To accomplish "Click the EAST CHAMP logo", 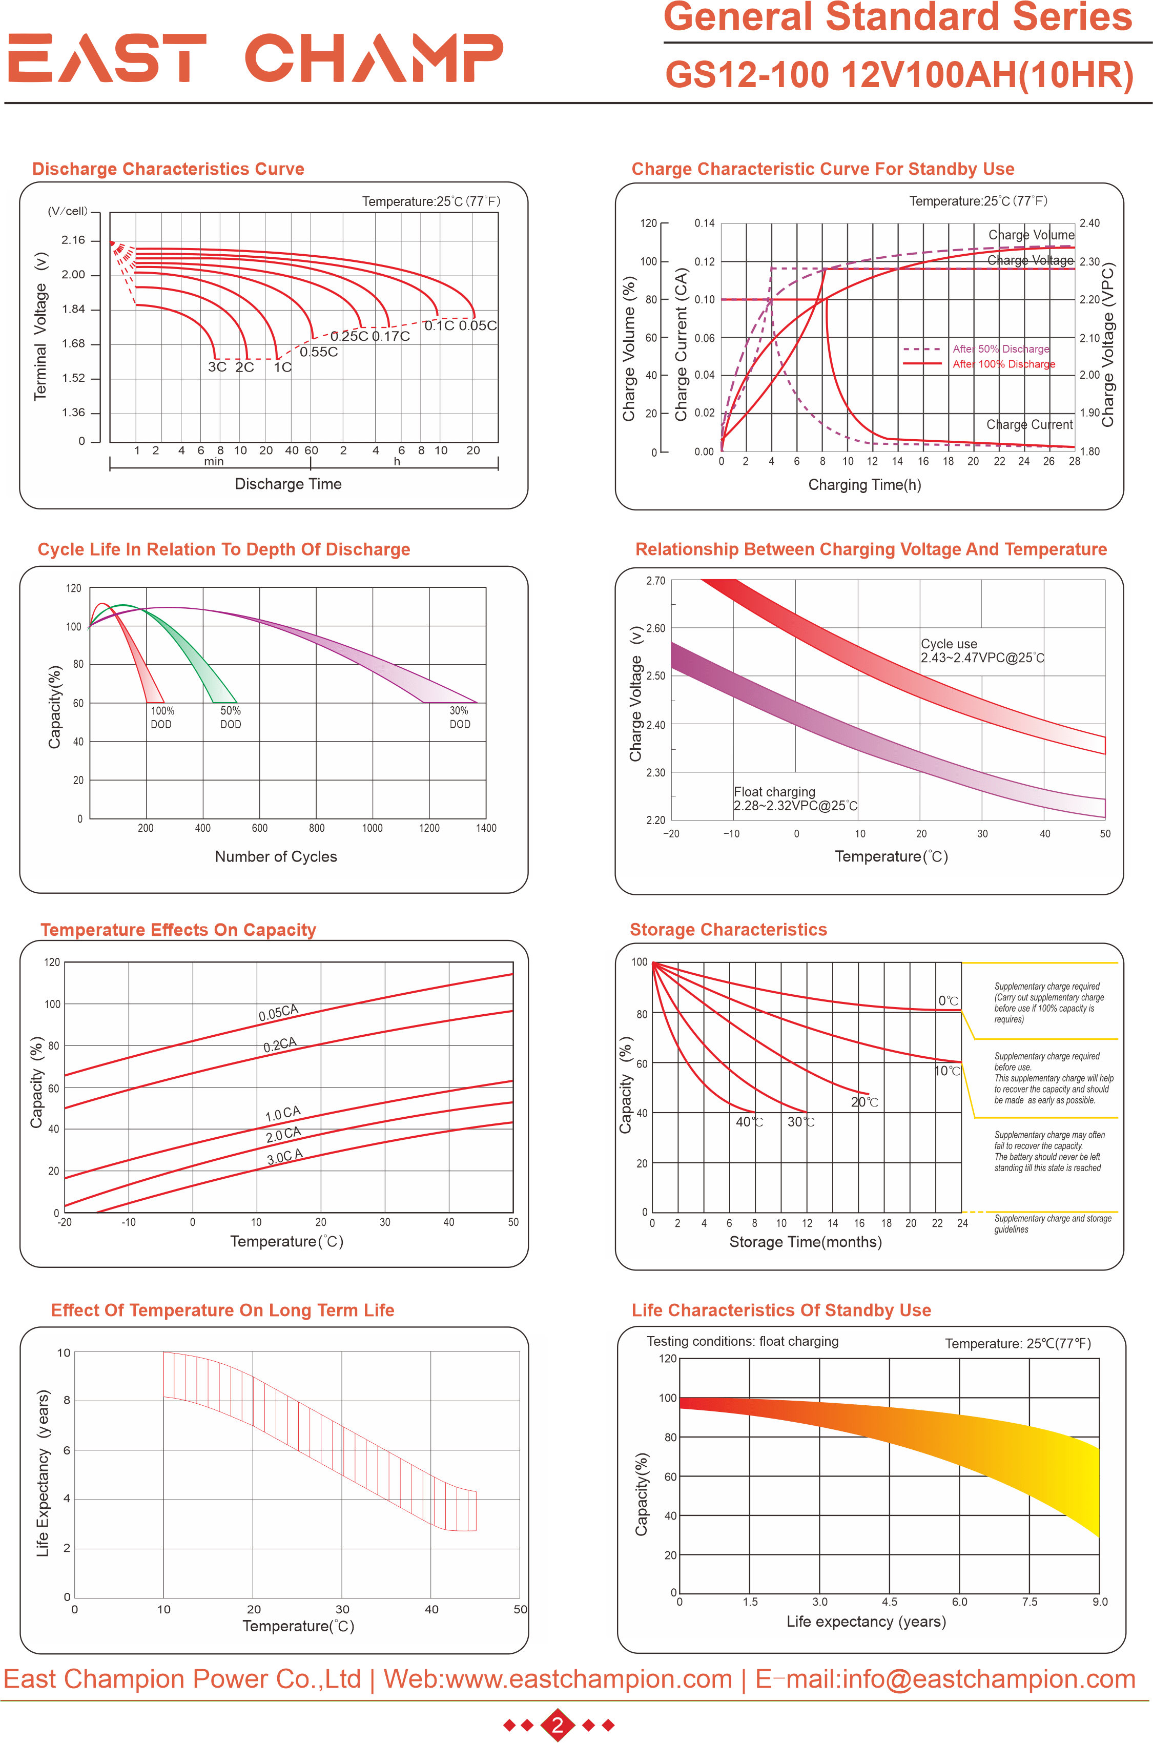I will pos(255,57).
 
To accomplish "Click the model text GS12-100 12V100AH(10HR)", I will pos(899,75).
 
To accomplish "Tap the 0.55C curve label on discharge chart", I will pos(318,352).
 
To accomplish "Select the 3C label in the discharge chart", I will pos(217,367).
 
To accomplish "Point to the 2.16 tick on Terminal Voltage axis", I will pos(73,240).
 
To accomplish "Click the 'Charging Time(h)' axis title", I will pos(864,485).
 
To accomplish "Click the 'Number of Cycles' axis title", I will pos(276,857).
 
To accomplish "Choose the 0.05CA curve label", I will pos(278,1013).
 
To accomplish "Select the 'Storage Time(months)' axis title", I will pos(805,1242).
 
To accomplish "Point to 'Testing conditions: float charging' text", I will pos(742,1341).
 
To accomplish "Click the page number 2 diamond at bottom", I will pos(558,1725).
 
